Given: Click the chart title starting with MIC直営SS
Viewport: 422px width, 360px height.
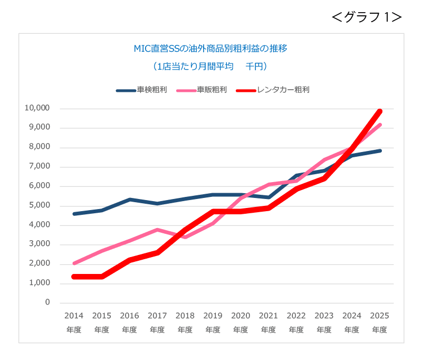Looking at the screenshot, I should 210,49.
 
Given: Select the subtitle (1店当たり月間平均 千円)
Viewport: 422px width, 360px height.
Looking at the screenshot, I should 210,67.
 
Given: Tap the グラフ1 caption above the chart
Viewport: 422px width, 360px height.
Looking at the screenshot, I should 367,17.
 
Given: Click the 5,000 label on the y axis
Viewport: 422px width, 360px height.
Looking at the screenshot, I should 39,205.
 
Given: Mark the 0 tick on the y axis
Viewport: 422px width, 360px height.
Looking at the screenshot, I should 47,302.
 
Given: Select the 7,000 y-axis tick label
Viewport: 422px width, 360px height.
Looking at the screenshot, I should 39,166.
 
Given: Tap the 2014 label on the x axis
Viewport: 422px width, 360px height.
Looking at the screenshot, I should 74,316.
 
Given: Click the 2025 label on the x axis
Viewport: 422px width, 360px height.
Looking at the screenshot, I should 380,316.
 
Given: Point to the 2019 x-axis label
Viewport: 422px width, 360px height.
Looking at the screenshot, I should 213,316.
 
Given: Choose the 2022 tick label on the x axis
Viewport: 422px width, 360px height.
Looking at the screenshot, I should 296,316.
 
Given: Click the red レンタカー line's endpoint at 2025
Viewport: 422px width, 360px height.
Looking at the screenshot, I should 379,111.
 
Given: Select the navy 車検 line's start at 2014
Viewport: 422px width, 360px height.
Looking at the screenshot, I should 74,214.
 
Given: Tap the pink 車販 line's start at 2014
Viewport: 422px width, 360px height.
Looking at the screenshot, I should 74,263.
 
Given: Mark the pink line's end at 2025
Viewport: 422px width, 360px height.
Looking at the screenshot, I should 379,125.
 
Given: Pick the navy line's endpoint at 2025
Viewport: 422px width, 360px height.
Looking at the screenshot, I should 379,151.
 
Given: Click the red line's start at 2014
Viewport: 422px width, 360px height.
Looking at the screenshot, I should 74,277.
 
